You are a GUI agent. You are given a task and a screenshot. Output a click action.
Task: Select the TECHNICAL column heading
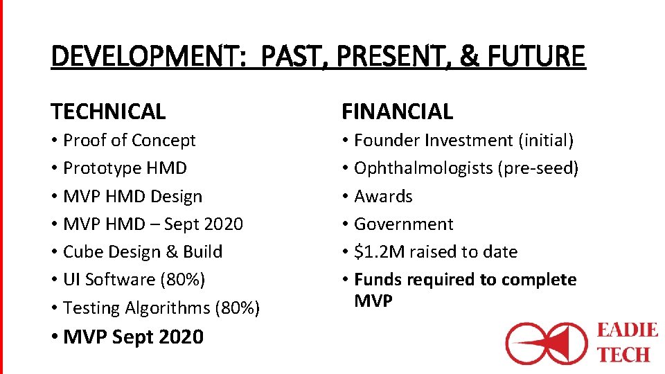coord(108,112)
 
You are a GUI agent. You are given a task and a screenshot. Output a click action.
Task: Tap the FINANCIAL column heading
coord(397,112)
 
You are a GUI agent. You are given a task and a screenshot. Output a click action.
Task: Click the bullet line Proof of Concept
coord(130,141)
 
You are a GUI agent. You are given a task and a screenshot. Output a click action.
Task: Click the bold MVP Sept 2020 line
coord(133,337)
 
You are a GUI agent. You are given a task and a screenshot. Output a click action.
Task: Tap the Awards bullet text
coord(383,197)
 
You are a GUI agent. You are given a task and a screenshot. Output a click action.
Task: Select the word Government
coord(403,224)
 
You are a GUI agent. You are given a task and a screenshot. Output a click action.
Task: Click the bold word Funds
coord(377,280)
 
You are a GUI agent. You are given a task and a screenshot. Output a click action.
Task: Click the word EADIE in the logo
coord(627,330)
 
